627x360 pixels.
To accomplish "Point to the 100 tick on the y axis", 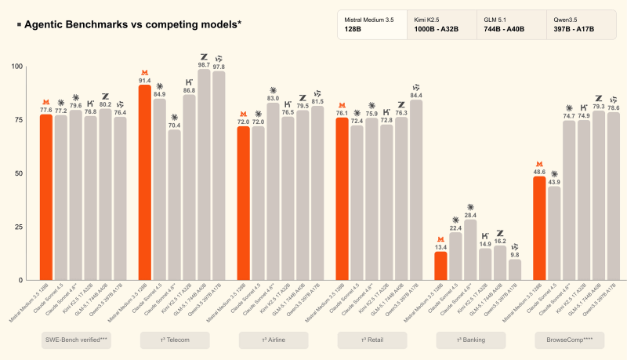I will point(17,66).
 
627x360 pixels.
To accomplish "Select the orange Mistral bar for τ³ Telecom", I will point(145,182).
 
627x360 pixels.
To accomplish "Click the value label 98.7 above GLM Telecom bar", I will point(204,64).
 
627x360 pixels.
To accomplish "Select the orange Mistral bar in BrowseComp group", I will point(539,228).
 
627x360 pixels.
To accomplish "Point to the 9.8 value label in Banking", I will point(514,254).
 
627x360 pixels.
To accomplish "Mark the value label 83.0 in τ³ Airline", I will point(273,98).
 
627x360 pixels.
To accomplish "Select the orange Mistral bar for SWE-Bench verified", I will point(46,197).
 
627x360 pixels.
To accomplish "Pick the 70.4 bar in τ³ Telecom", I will point(174,205).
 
